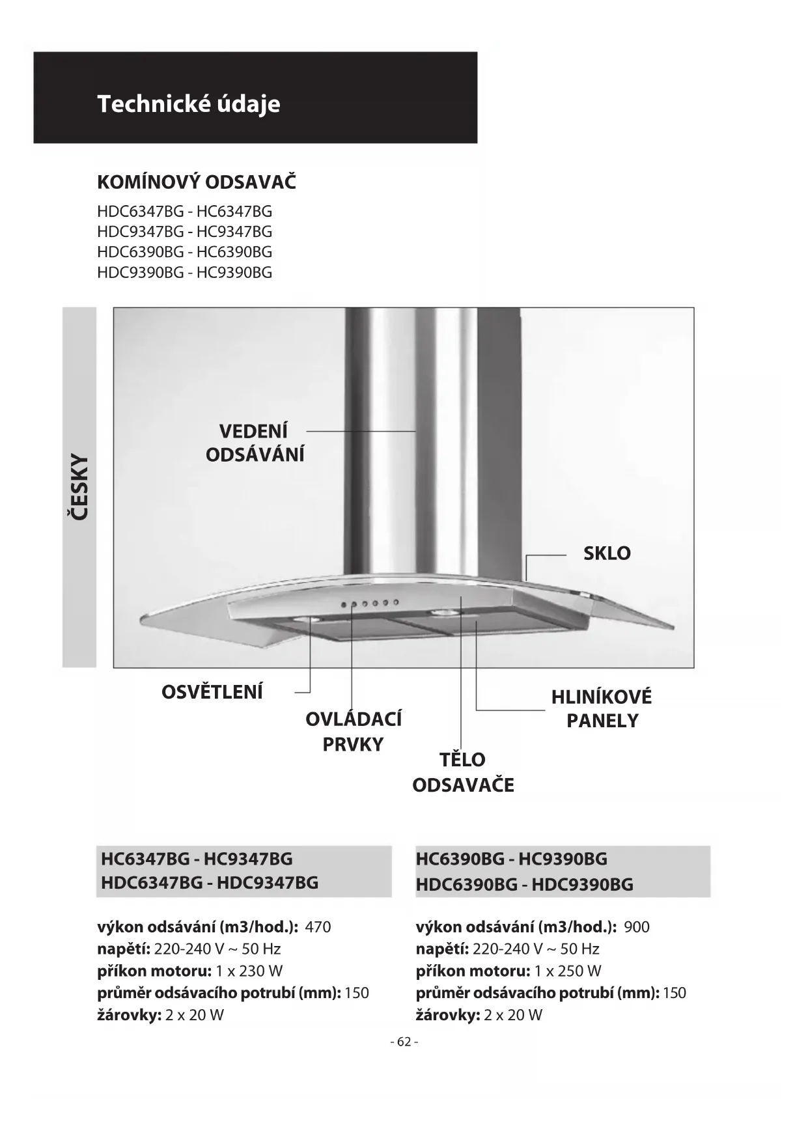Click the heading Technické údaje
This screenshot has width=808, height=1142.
coord(189,104)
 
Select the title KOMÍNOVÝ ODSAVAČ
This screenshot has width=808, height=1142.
coord(197,182)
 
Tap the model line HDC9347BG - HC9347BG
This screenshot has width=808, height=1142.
coord(184,232)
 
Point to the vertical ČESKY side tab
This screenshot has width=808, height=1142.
coord(79,487)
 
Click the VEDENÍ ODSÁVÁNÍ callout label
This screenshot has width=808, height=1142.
coord(255,443)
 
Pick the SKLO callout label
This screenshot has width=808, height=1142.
coord(607,553)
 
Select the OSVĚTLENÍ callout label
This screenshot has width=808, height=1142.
coord(212,691)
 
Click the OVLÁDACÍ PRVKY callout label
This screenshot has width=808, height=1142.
coord(354,731)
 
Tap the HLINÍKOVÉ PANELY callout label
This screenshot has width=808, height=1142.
coord(602,709)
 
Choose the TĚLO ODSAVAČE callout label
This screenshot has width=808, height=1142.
coord(463,772)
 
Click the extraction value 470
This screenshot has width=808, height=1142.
coord(318,926)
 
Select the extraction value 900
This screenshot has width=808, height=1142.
coord(637,926)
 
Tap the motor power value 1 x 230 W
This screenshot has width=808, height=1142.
coord(249,971)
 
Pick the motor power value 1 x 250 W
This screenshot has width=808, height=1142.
coord(568,971)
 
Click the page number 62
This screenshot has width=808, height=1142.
coord(404,1042)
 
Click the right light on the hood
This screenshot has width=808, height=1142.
coord(444,613)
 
